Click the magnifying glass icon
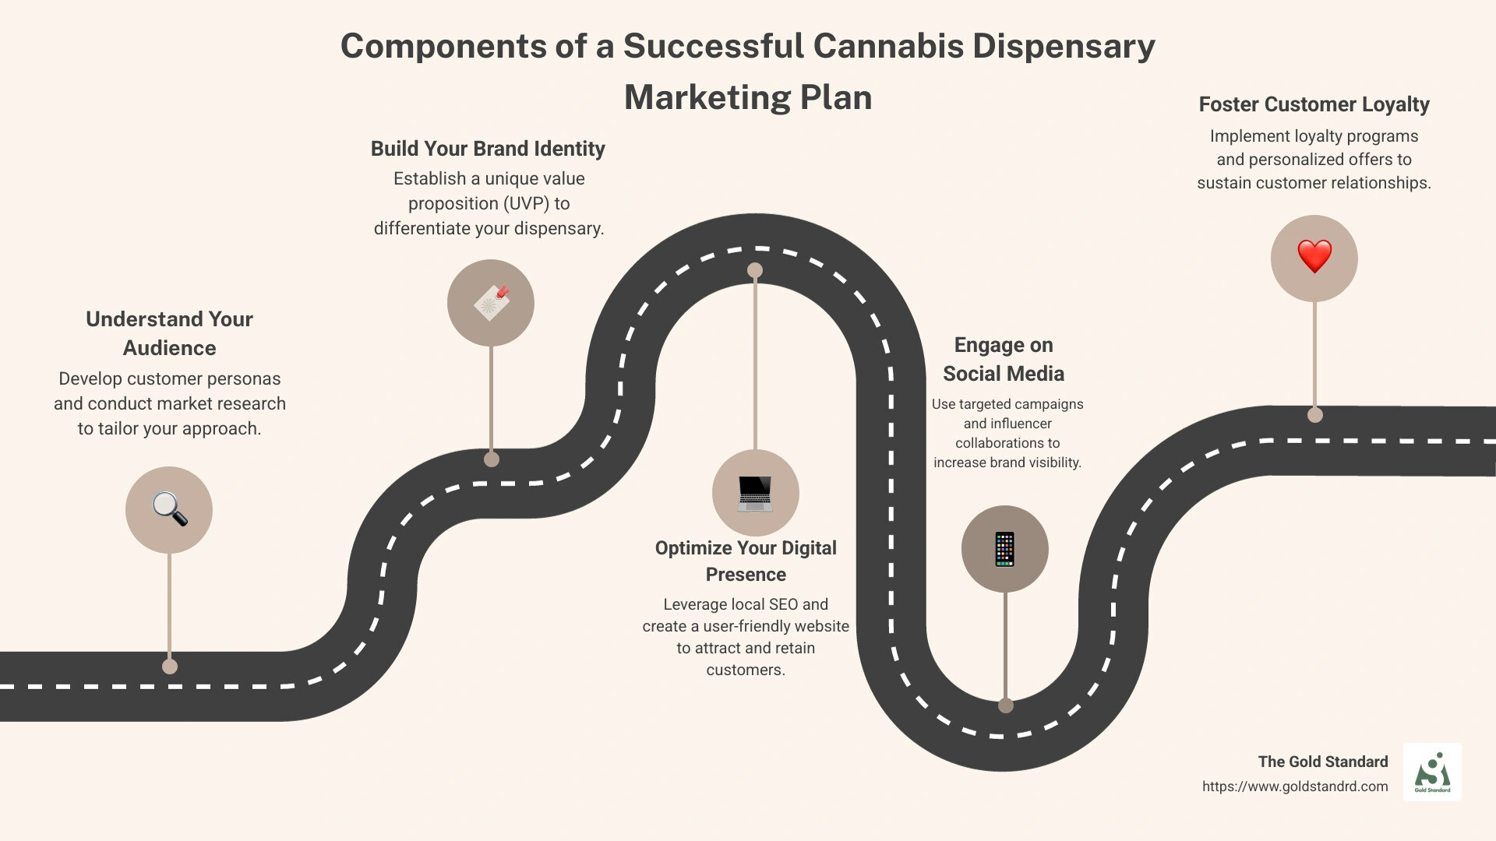(169, 510)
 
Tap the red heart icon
(1314, 257)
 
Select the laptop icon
(754, 493)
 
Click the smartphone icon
(1005, 549)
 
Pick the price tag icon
(491, 303)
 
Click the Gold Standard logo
(1432, 772)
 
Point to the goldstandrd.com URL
(1294, 786)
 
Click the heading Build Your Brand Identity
(488, 149)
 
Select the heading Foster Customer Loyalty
(1314, 104)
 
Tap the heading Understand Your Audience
(169, 333)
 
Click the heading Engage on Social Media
(1004, 359)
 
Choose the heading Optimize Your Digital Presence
(746, 561)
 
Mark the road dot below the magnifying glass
(170, 667)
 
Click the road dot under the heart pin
(1315, 415)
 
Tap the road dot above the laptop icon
(755, 270)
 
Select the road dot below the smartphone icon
(1006, 706)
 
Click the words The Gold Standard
(1322, 762)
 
